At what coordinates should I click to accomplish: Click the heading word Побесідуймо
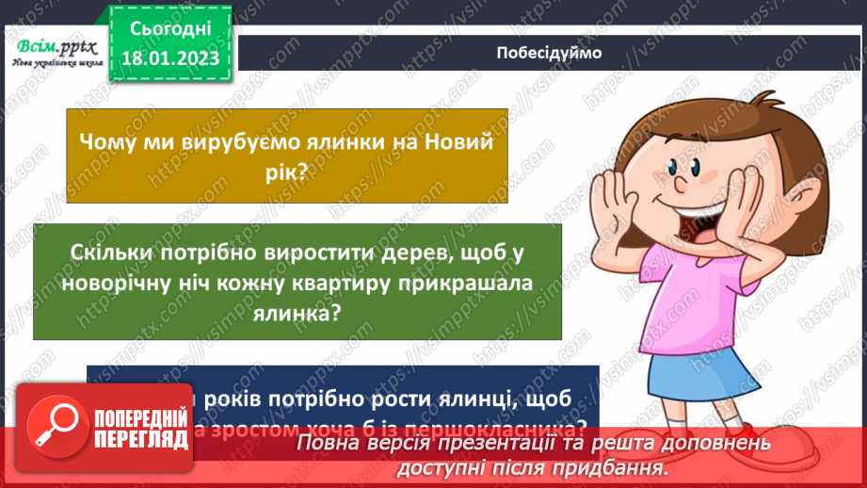[547, 53]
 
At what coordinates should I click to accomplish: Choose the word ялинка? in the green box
[297, 315]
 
